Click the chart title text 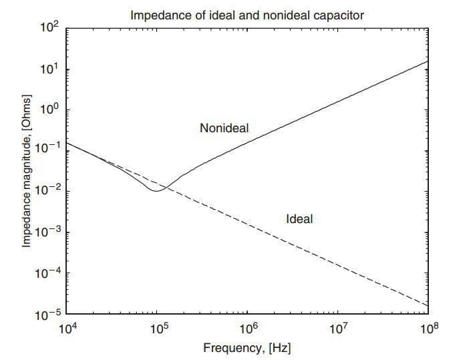pos(247,15)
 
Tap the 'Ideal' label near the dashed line pos(299,218)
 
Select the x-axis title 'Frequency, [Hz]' pos(247,347)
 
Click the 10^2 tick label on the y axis pos(51,29)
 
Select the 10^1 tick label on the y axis pos(51,69)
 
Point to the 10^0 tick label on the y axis pos(51,110)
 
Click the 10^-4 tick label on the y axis pos(48,273)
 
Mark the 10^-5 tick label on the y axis pos(48,314)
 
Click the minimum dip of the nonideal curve pos(156,191)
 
